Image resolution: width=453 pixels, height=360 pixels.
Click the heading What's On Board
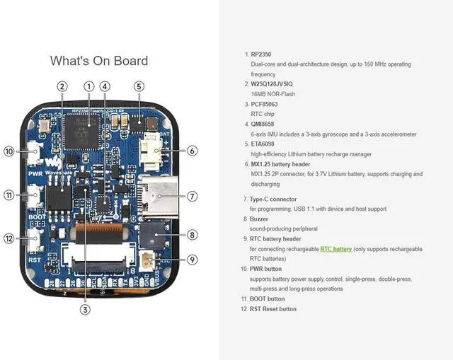point(99,61)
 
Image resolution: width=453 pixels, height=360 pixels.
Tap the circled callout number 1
point(89,86)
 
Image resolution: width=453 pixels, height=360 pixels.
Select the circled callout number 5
point(139,86)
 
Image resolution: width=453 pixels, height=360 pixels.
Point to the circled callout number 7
point(193,196)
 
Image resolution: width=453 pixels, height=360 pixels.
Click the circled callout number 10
point(9,151)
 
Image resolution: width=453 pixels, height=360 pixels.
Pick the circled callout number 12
point(9,238)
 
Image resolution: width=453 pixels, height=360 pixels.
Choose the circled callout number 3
point(85,308)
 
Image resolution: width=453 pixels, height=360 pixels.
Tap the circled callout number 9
point(193,260)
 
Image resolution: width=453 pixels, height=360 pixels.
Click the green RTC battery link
point(336,249)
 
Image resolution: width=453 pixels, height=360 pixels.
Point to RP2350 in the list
point(261,54)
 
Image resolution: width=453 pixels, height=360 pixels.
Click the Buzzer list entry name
point(259,219)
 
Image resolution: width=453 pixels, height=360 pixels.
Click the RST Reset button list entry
point(273,309)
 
